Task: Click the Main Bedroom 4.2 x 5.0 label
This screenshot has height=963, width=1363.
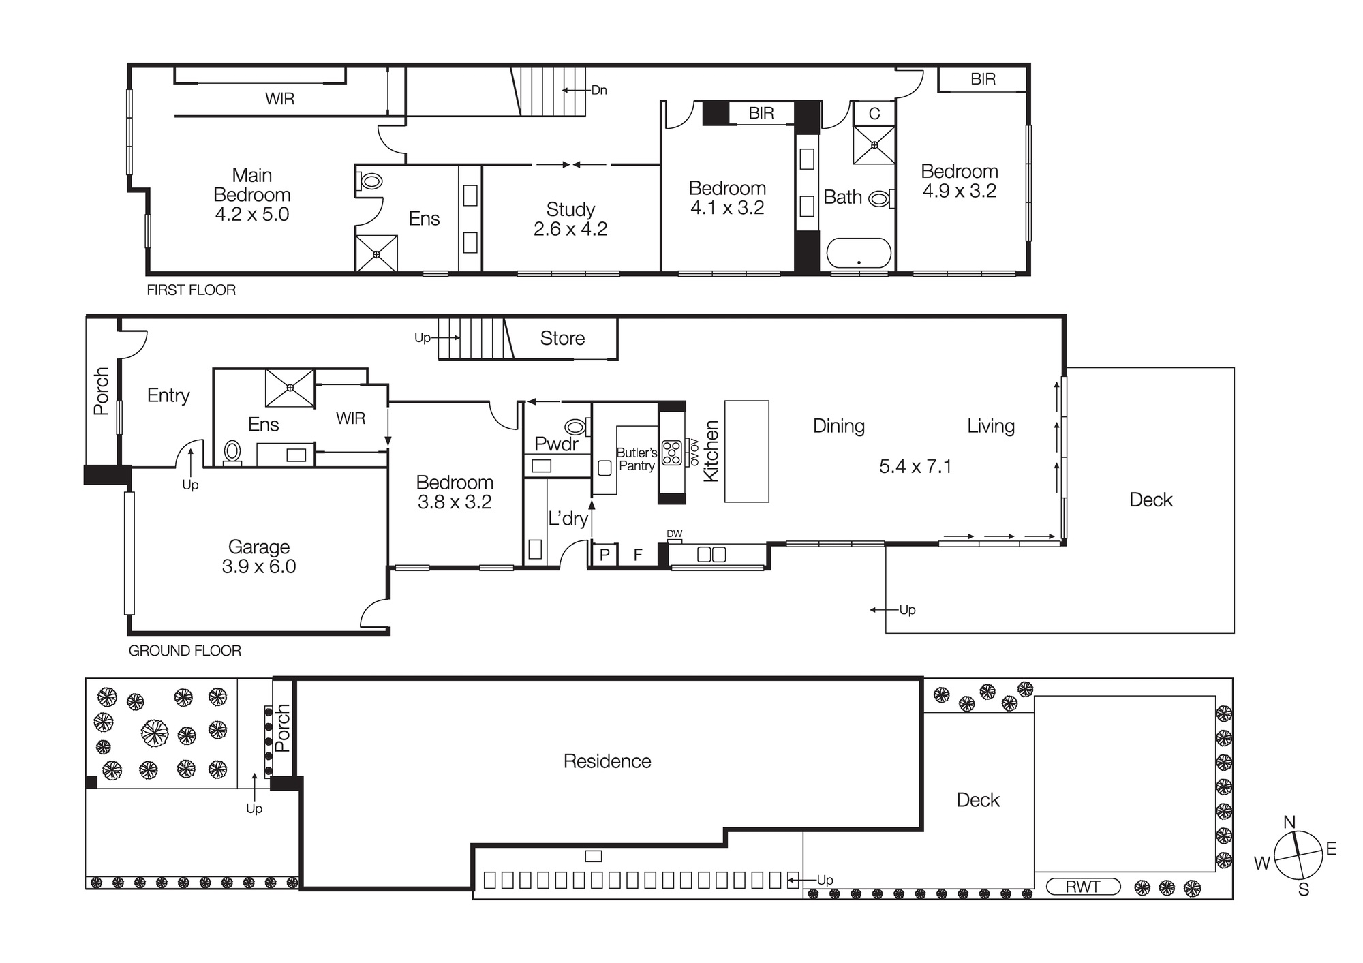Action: (251, 195)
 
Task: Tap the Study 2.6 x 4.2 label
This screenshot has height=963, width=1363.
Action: (570, 219)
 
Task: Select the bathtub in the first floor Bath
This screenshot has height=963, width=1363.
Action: (858, 253)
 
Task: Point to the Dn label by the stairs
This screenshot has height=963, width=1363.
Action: (598, 90)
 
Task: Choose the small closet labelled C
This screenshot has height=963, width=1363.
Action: (874, 114)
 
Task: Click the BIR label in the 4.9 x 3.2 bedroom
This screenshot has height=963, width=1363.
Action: (983, 79)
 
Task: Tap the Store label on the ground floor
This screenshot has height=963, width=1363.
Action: (562, 338)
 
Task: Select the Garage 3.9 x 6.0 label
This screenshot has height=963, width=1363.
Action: (259, 556)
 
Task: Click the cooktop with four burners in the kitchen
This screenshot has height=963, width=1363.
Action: (672, 453)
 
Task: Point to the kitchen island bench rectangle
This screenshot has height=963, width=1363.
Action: (746, 451)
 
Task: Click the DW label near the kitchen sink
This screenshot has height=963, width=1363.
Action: (674, 534)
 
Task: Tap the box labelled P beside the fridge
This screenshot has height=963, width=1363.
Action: (604, 555)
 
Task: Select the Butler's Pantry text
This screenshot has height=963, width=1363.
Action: (637, 459)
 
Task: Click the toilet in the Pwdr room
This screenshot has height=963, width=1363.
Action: (577, 428)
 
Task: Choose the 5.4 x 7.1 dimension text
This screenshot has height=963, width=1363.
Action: (915, 467)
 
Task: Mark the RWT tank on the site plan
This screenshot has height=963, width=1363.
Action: (1083, 887)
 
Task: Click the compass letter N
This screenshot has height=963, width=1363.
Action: (1289, 823)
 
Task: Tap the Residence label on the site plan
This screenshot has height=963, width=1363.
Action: (607, 761)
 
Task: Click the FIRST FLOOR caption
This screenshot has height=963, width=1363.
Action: (191, 290)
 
